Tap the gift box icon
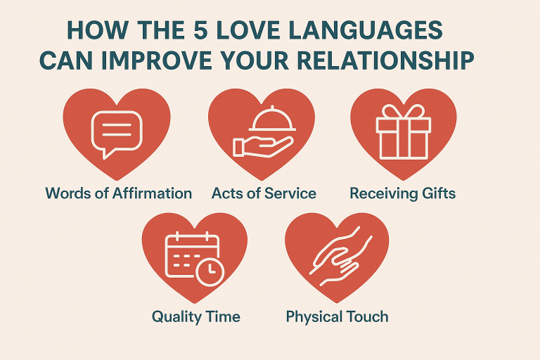tap(403, 133)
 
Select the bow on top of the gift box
tap(403, 112)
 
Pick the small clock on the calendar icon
tap(210, 271)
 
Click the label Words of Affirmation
tap(118, 193)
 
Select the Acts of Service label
tap(264, 193)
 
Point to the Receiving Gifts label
tap(403, 193)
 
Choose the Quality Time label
tap(196, 316)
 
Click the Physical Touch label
tap(337, 316)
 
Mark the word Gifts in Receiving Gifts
tap(437, 193)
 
